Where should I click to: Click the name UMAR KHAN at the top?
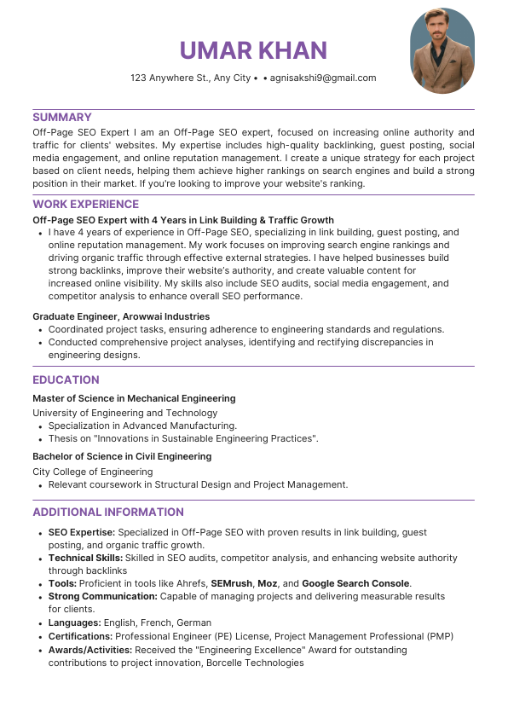pyautogui.click(x=253, y=49)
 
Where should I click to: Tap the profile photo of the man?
pyautogui.click(x=442, y=51)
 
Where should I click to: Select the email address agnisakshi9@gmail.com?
pyautogui.click(x=323, y=78)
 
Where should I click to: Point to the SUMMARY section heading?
pyautogui.click(x=62, y=117)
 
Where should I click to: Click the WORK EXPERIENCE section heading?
pyautogui.click(x=85, y=204)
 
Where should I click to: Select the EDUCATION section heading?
pyautogui.click(x=66, y=379)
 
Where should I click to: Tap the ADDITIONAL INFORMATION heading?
pyautogui.click(x=108, y=512)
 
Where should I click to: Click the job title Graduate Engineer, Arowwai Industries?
pyautogui.click(x=121, y=316)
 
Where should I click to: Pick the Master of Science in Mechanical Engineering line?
pyautogui.click(x=134, y=398)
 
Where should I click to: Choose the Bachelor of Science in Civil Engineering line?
pyautogui.click(x=122, y=456)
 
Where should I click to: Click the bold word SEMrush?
pyautogui.click(x=231, y=583)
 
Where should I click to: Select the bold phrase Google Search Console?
pyautogui.click(x=356, y=583)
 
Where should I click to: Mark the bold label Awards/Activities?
pyautogui.click(x=89, y=649)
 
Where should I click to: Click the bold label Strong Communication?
pyautogui.click(x=101, y=596)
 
